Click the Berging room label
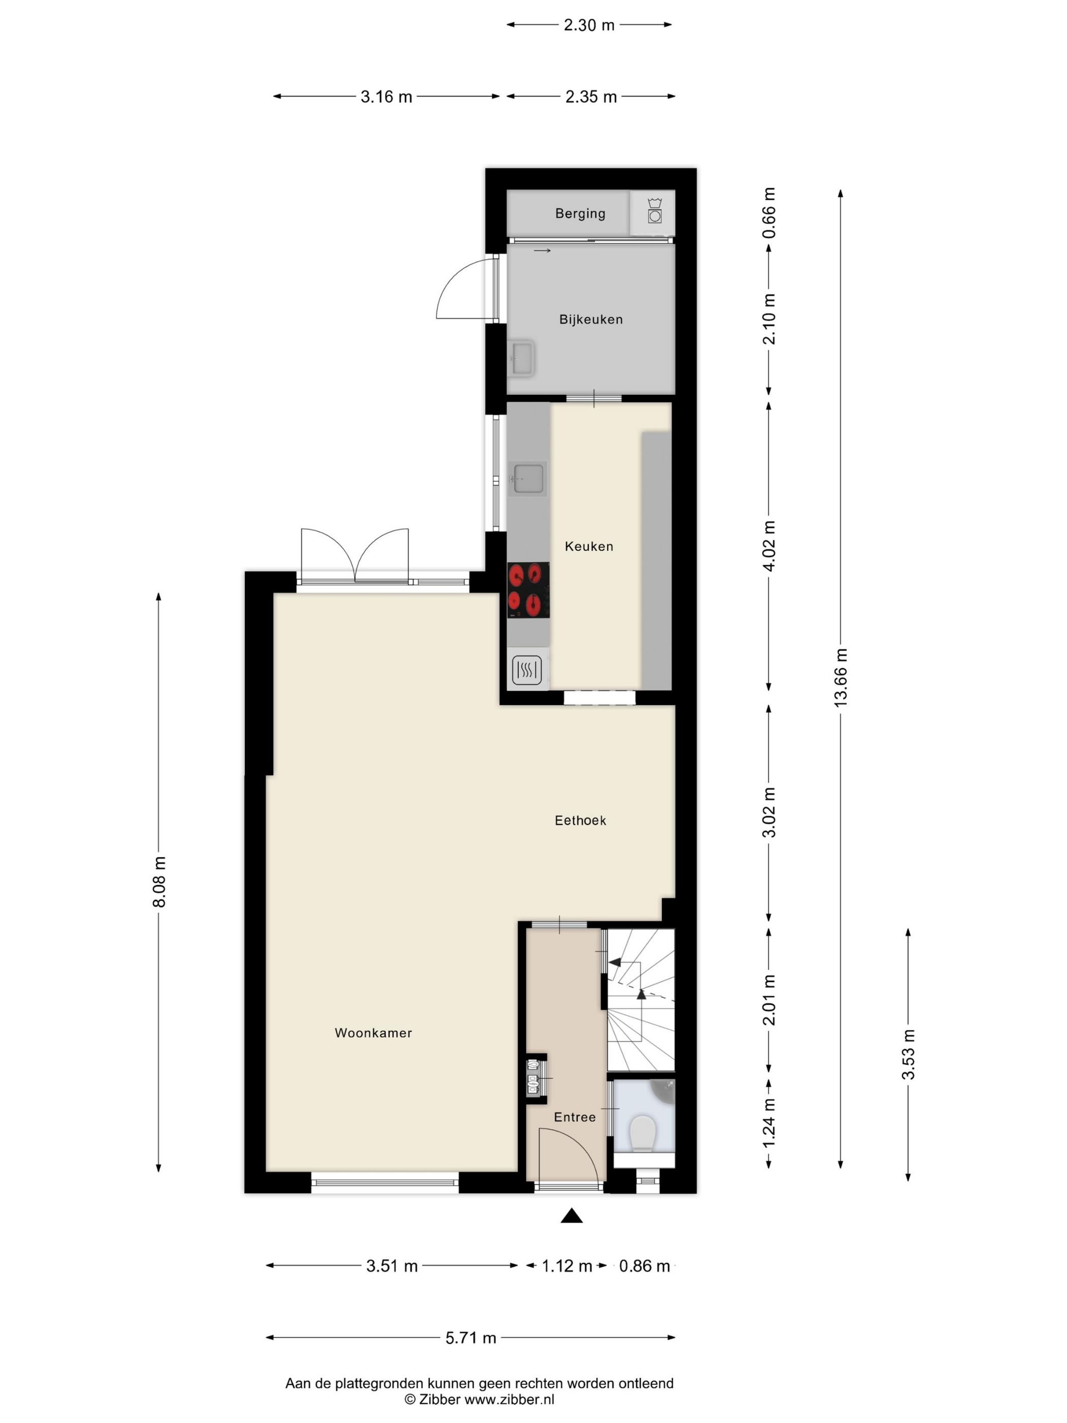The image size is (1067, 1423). click(x=580, y=213)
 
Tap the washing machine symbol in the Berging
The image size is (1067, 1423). click(x=654, y=211)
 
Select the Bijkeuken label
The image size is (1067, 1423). click(x=590, y=319)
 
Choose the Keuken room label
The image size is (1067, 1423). click(x=588, y=546)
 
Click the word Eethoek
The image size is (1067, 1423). click(x=580, y=820)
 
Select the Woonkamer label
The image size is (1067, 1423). click(x=373, y=1033)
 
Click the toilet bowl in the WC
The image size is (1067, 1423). click(x=642, y=1133)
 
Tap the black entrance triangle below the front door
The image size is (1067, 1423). click(x=571, y=1215)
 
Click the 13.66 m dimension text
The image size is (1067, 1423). click(x=840, y=678)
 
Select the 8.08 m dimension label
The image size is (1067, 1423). click(x=159, y=881)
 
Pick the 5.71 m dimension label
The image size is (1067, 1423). click(x=471, y=1338)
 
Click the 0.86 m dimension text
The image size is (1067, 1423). click(x=644, y=1266)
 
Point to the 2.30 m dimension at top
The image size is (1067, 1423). click(x=589, y=25)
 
